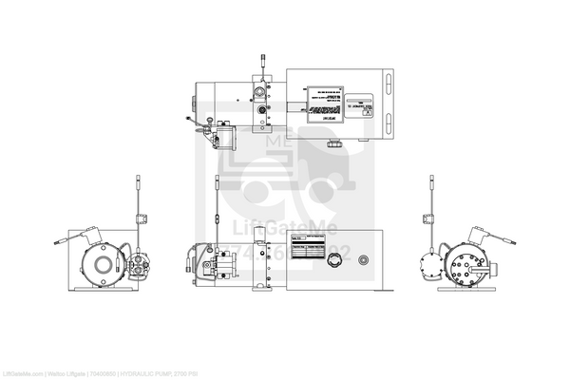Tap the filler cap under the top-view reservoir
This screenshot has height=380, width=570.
click(x=335, y=144)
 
